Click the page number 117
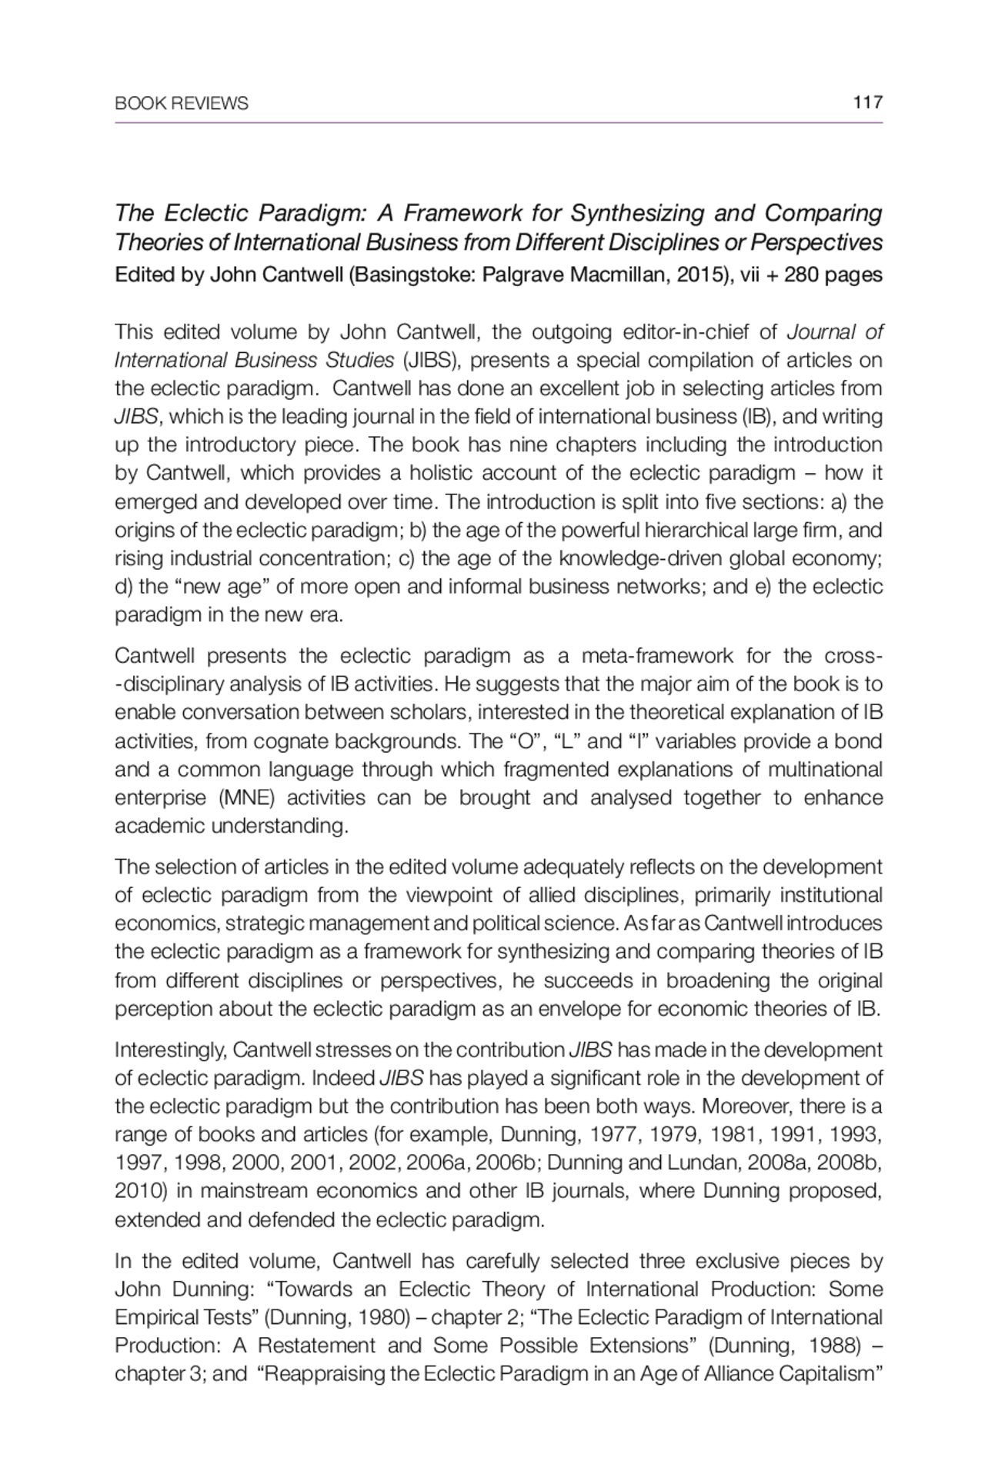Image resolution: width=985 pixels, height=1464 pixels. (x=867, y=102)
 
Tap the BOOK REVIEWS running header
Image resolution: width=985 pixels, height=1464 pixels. (x=181, y=103)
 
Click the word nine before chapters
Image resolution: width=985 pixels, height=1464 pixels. (x=521, y=444)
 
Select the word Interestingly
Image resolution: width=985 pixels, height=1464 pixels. (x=170, y=1050)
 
